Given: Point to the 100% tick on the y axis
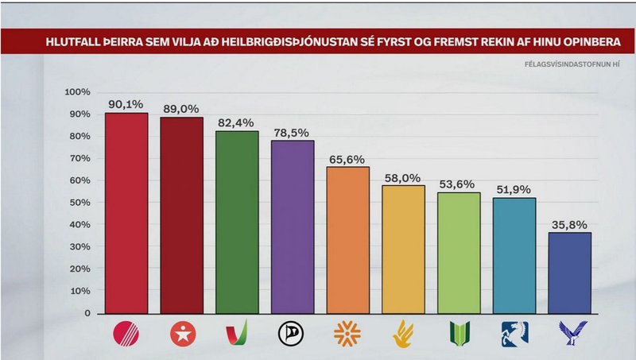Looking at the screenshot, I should [78, 92].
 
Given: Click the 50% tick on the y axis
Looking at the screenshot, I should [80, 203].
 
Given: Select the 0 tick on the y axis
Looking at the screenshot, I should [88, 313].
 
